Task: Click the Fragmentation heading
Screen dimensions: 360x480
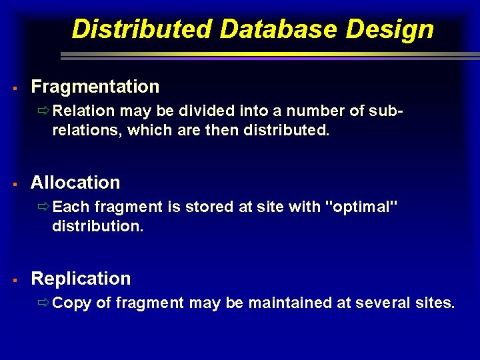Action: [95, 87]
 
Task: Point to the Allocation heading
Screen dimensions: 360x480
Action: [75, 183]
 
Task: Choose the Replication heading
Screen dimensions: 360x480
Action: [81, 279]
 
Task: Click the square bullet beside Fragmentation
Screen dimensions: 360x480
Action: [13, 87]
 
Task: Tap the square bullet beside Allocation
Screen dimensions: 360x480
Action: [13, 183]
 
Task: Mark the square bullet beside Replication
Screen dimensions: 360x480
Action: [13, 279]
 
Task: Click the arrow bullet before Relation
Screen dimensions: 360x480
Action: [44, 111]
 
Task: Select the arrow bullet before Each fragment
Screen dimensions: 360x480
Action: [44, 207]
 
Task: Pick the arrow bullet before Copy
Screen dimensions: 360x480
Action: [44, 303]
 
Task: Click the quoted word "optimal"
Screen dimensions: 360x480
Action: [361, 207]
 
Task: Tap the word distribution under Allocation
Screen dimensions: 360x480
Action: [97, 227]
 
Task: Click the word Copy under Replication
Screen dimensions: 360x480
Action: [72, 303]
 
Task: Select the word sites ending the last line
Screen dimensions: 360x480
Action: [433, 303]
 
